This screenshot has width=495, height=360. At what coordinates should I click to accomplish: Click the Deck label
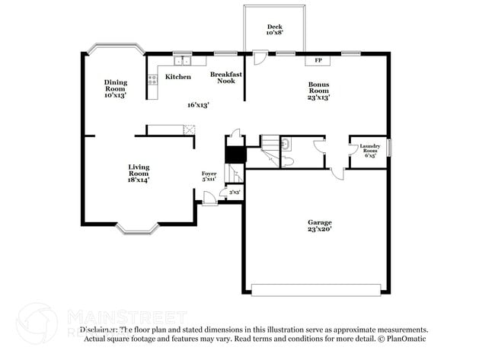tap(274, 30)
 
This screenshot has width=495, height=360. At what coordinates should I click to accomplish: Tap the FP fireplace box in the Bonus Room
tap(318, 61)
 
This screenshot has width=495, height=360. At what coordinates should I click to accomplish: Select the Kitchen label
tap(178, 77)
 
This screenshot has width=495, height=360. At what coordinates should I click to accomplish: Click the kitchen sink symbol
tap(183, 61)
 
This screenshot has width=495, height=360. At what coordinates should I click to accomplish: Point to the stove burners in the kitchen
tap(152, 78)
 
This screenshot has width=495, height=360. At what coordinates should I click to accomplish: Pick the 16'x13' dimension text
tap(198, 105)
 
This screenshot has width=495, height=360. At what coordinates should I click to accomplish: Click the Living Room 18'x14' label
tap(139, 174)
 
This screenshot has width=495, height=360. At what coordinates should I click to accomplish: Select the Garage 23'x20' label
tap(319, 225)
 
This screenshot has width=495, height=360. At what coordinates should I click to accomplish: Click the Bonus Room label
tap(318, 91)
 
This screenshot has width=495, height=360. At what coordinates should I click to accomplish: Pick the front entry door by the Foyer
tap(206, 199)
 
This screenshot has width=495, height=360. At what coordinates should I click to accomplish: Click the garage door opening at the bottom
tap(315, 290)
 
